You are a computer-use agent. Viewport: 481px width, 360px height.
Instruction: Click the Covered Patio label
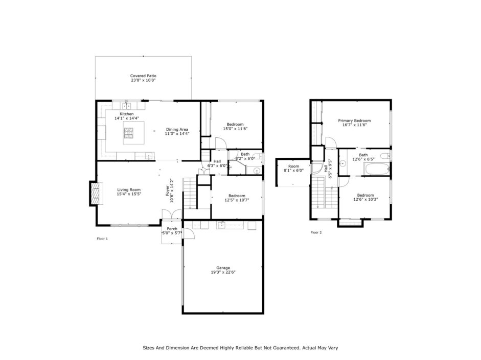pyautogui.click(x=143, y=76)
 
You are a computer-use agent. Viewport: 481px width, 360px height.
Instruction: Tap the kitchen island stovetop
pyautogui.click(x=129, y=133)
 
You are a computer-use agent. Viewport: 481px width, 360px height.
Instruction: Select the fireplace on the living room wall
pyautogui.click(x=96, y=194)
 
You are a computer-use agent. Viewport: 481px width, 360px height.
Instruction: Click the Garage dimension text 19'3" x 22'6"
pyautogui.click(x=223, y=272)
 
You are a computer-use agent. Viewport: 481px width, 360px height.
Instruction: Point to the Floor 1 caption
pyautogui.click(x=102, y=238)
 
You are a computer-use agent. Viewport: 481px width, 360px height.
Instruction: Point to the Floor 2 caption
pyautogui.click(x=316, y=232)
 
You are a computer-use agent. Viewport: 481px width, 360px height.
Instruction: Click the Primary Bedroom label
pyautogui.click(x=354, y=121)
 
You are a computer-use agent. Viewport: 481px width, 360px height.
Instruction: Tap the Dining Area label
pyautogui.click(x=177, y=129)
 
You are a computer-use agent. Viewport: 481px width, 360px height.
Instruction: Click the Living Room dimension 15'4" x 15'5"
pyautogui.click(x=129, y=194)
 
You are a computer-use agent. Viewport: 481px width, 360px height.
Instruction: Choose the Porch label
pyautogui.click(x=172, y=229)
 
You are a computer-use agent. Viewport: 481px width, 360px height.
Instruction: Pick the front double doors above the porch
pyautogui.click(x=172, y=214)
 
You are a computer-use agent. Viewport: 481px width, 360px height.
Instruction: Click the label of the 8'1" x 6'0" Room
pyautogui.click(x=293, y=166)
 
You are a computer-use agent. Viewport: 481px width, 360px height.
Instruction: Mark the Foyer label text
pyautogui.click(x=168, y=190)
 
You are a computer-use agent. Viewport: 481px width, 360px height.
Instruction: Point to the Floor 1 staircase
pyautogui.click(x=190, y=193)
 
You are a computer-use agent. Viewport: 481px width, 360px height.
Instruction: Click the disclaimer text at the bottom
pyautogui.click(x=240, y=348)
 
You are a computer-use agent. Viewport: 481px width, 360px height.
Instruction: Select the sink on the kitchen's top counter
pyautogui.click(x=126, y=106)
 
